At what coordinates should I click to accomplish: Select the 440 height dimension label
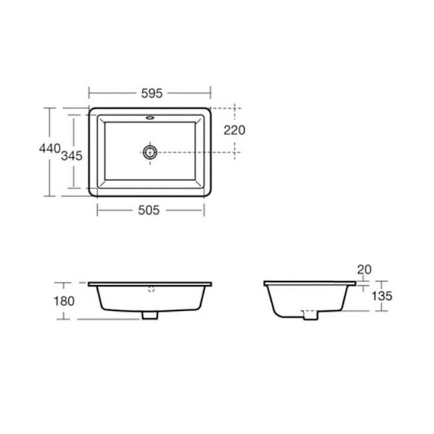(x=49, y=149)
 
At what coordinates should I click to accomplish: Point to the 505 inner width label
(x=149, y=211)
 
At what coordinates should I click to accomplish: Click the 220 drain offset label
(x=234, y=130)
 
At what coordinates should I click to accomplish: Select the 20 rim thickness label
(x=364, y=269)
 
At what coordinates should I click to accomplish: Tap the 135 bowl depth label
(x=382, y=296)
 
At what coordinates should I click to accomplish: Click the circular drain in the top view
(x=150, y=152)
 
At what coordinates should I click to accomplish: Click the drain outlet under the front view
(x=150, y=315)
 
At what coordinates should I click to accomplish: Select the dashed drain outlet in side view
(x=310, y=315)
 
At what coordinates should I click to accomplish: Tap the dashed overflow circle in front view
(x=152, y=289)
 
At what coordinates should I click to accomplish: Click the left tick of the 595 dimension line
(x=89, y=92)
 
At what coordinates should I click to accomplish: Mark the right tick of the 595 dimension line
(x=211, y=92)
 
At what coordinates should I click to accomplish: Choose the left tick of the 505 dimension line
(x=97, y=211)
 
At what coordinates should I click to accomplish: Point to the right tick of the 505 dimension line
(x=204, y=211)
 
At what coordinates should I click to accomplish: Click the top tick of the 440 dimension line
(x=50, y=108)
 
